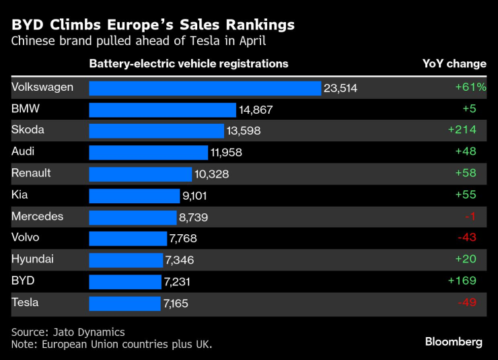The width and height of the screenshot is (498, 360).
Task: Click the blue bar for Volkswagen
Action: [x=205, y=88]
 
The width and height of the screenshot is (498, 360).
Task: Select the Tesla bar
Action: [x=125, y=303]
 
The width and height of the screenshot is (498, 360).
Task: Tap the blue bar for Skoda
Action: [x=156, y=131]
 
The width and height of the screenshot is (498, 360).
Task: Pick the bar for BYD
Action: [x=125, y=281]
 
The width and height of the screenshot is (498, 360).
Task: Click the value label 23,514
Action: [x=341, y=88]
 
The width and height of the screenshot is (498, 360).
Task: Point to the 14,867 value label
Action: [x=256, y=110]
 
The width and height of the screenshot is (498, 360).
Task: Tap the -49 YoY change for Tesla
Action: [x=467, y=303]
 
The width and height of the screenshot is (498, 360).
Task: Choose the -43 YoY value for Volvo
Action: [x=467, y=238]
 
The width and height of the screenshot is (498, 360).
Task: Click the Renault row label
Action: [x=31, y=173]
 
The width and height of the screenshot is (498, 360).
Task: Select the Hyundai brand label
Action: [x=32, y=259]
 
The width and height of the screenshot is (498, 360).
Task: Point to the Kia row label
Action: [x=20, y=194]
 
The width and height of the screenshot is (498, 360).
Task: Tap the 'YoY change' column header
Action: [x=454, y=64]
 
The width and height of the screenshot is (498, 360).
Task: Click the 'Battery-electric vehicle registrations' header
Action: [x=188, y=64]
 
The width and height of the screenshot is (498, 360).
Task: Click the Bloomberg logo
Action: [x=454, y=342]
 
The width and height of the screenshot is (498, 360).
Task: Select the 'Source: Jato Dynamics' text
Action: [x=68, y=332]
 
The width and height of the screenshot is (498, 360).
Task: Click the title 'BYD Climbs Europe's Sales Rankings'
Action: [x=153, y=25]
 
